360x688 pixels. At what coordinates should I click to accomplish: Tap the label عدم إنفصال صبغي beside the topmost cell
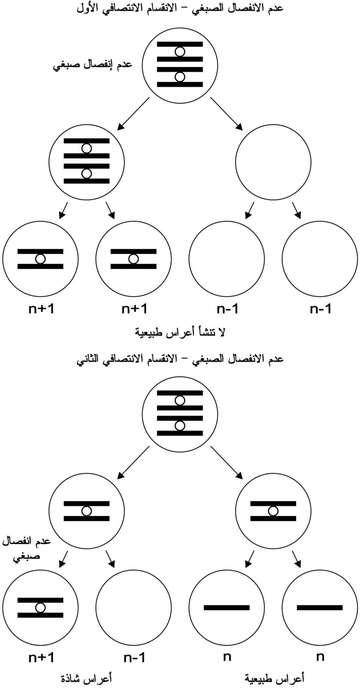coord(92,65)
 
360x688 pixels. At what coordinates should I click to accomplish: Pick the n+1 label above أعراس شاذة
coord(41,657)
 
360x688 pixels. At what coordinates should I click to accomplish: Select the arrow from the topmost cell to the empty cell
coord(226,113)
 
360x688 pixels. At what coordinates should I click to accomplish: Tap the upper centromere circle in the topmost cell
coord(180,52)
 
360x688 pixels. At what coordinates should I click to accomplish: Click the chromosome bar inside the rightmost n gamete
coord(320,607)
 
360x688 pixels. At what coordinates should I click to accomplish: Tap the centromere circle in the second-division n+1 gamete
coord(40,608)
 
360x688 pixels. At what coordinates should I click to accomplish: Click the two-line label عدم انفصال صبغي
coord(27,549)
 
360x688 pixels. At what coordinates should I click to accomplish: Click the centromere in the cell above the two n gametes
coord(273,511)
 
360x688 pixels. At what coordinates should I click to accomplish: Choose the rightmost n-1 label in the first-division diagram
coord(320,309)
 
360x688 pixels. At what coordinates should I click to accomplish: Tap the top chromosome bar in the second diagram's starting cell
coord(180,393)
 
